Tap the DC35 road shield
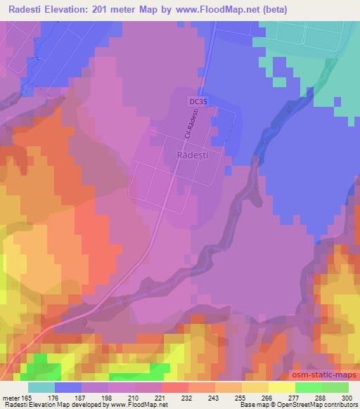click(199, 102)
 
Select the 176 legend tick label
click(53, 397)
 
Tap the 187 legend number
click(81, 397)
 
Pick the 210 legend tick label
click(134, 397)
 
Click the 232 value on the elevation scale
click(188, 397)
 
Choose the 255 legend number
click(241, 397)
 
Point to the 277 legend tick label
click(295, 397)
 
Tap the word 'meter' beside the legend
click(8, 397)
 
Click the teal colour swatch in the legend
click(41, 387)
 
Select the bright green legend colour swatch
click(308, 387)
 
